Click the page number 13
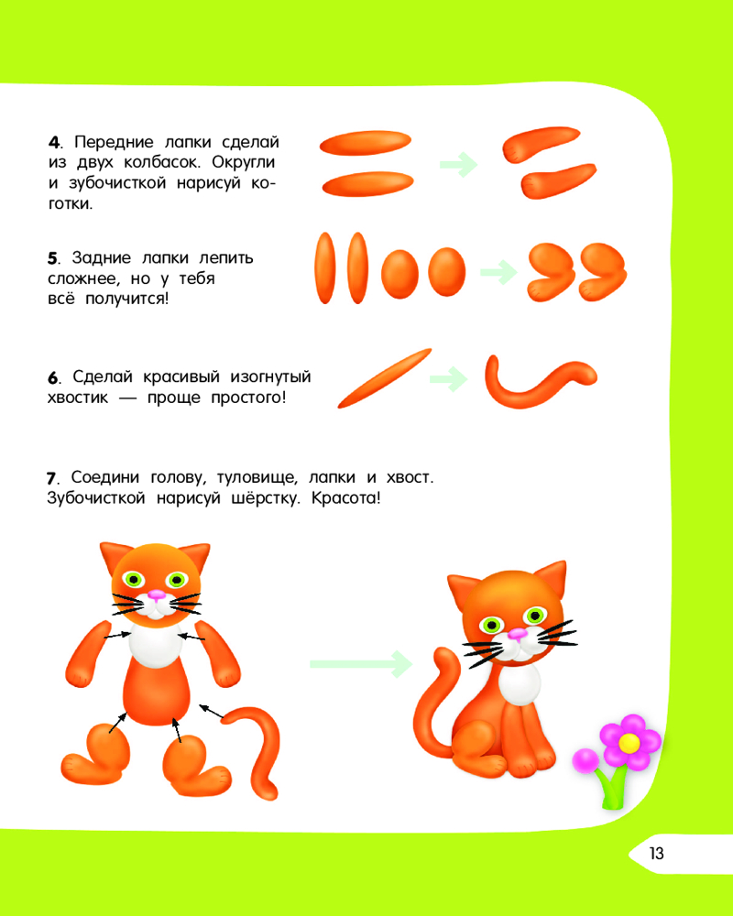[656, 854]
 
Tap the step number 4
[54, 143]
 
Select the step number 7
[51, 478]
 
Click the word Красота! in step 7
[345, 498]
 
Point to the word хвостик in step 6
[78, 398]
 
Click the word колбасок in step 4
[161, 162]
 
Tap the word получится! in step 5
[126, 300]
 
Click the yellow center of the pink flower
[629, 743]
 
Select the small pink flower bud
[585, 761]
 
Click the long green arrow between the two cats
[361, 663]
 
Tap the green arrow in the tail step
[448, 379]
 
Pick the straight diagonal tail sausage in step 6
[384, 378]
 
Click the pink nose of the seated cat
[516, 634]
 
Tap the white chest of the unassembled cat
[155, 646]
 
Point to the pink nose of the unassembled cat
[156, 595]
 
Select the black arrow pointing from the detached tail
[212, 712]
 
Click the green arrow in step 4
[458, 165]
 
